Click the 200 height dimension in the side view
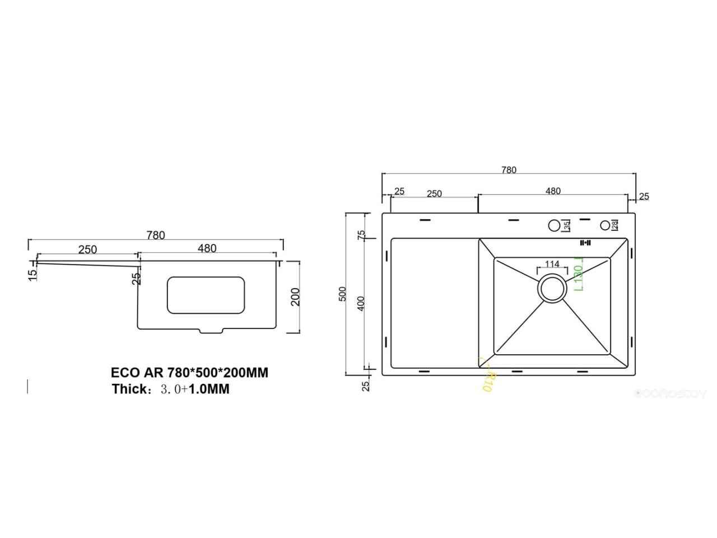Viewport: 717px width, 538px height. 295,296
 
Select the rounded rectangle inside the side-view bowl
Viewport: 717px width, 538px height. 206,295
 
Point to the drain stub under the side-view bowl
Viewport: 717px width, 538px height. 211,331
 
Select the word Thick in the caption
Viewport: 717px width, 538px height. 129,389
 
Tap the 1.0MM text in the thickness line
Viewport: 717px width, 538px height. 209,389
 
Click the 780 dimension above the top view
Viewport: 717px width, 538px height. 509,170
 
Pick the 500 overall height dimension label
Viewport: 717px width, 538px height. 343,294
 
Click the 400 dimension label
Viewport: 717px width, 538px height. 361,303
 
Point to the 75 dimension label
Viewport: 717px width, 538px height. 361,234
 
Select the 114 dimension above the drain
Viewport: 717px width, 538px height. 552,265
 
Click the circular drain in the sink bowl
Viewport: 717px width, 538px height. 552,289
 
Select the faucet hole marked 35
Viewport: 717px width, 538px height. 554,226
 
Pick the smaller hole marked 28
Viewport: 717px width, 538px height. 606,225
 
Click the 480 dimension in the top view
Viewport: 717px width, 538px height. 552,191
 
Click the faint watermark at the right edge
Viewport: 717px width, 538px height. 671,394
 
